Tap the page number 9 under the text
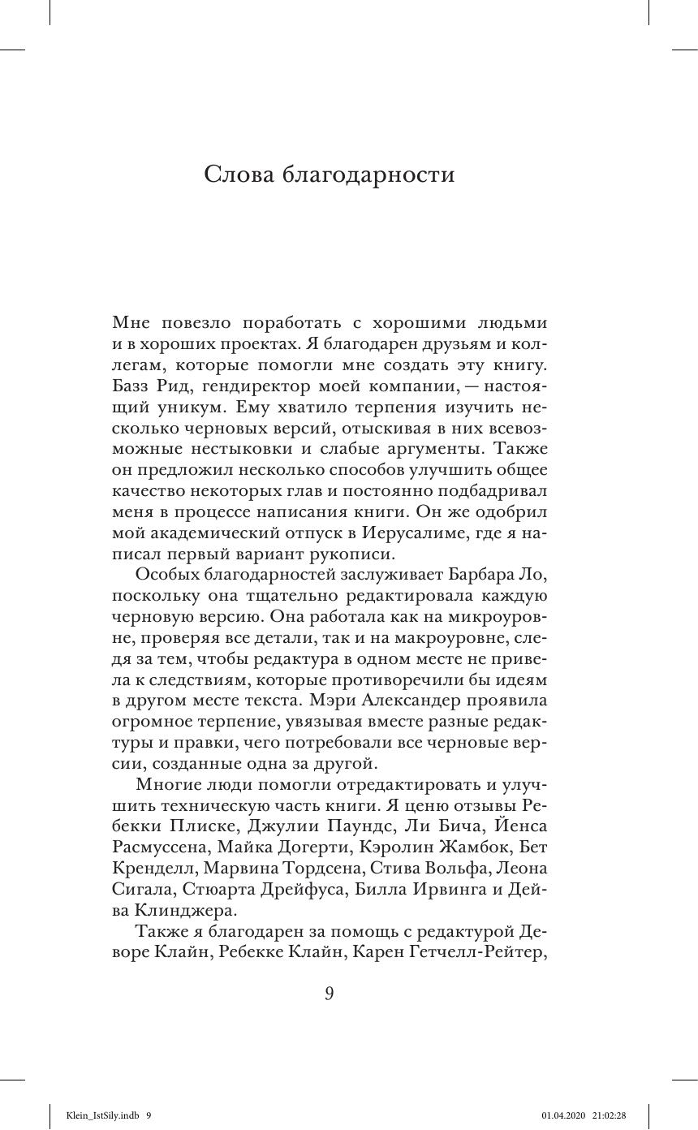point(329,993)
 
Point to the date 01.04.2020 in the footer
point(560,1115)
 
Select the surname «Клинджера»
point(185,910)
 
